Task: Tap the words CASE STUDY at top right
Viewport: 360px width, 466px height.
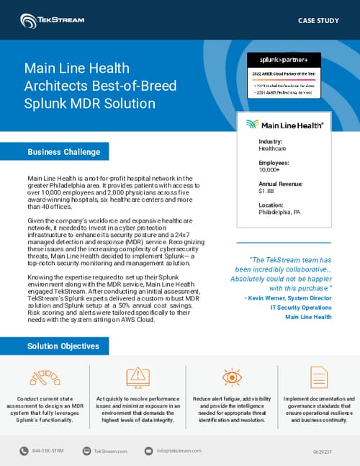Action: pyautogui.click(x=318, y=20)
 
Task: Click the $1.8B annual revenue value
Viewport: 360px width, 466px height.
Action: pyautogui.click(x=266, y=192)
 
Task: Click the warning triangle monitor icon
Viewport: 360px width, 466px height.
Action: pyautogui.click(x=135, y=377)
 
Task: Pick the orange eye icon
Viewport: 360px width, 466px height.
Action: pyautogui.click(x=232, y=377)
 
